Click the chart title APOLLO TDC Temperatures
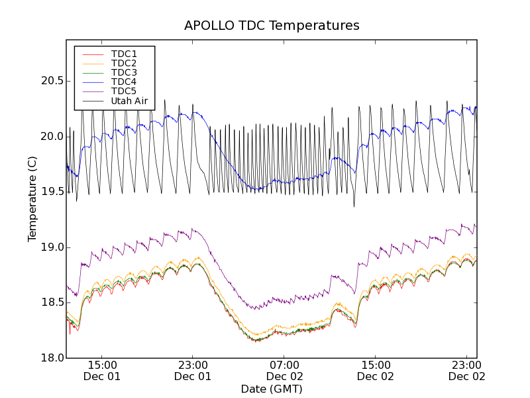pyautogui.click(x=272, y=26)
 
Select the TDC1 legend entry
pyautogui.click(x=124, y=54)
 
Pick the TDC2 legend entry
pyautogui.click(x=124, y=63)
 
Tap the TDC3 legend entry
pyautogui.click(x=124, y=72)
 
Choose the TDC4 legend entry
pyautogui.click(x=124, y=82)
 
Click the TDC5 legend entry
pyautogui.click(x=124, y=91)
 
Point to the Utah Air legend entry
pyautogui.click(x=129, y=101)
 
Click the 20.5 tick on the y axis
pyautogui.click(x=51, y=81)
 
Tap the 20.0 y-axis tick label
pyautogui.click(x=51, y=137)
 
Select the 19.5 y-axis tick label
pyautogui.click(x=51, y=192)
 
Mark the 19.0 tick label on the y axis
pyautogui.click(x=51, y=247)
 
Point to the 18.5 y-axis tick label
pyautogui.click(x=51, y=302)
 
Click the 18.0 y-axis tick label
pyautogui.click(x=51, y=358)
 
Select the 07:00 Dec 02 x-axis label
pyautogui.click(x=284, y=370)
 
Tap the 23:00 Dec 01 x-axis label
pyautogui.click(x=193, y=370)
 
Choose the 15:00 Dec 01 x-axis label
pyautogui.click(x=101, y=370)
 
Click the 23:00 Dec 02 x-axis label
pyautogui.click(x=467, y=370)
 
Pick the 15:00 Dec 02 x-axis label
pyautogui.click(x=376, y=370)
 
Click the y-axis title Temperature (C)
pyautogui.click(x=32, y=199)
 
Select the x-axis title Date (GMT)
pyautogui.click(x=272, y=389)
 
